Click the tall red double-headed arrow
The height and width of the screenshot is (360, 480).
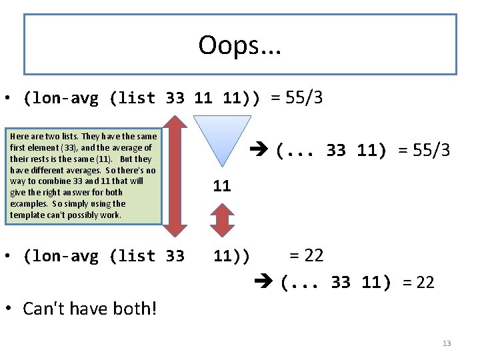pyautogui.click(x=175, y=175)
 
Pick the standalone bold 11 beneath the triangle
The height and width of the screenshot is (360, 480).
pyautogui.click(x=222, y=186)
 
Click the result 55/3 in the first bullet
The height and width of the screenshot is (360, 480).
pyautogui.click(x=304, y=99)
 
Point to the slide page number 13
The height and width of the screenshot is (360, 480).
pyautogui.click(x=446, y=343)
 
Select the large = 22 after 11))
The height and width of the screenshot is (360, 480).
pyautogui.click(x=306, y=255)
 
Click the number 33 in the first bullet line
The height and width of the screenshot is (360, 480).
pyautogui.click(x=175, y=99)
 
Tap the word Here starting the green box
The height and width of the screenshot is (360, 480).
pyautogui.click(x=20, y=136)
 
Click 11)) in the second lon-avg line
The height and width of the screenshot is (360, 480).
pyautogui.click(x=231, y=256)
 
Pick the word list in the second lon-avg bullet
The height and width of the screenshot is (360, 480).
pyautogui.click(x=131, y=256)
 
